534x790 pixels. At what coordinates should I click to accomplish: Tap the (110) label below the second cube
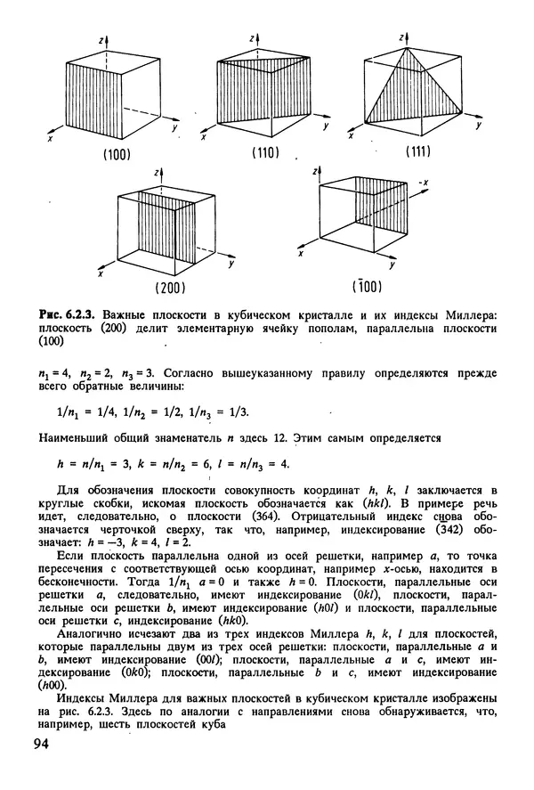click(x=264, y=153)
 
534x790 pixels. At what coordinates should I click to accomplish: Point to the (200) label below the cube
click(x=169, y=287)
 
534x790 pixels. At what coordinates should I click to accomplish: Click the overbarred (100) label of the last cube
click(x=367, y=285)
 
